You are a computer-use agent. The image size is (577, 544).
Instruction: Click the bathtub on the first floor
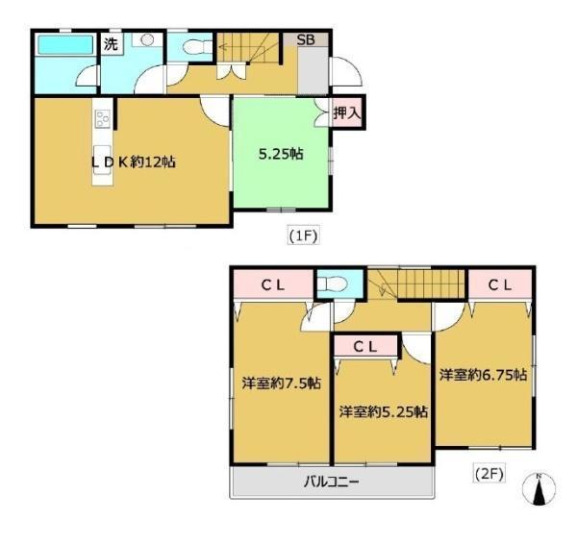point(65,45)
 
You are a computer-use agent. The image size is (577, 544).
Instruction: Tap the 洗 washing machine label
point(111,44)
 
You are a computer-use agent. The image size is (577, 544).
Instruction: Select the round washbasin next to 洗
point(147,39)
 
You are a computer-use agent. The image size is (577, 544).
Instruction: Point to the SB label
point(306,39)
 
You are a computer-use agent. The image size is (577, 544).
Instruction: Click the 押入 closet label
point(346,112)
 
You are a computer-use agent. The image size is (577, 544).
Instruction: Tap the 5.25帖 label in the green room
point(281,154)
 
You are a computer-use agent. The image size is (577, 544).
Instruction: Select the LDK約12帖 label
point(134,162)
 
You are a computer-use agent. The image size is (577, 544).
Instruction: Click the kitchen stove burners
point(103,118)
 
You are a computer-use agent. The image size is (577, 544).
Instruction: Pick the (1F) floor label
point(303,236)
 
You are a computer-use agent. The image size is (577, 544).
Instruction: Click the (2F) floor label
point(488,474)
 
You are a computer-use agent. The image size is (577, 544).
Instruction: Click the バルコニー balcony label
point(331,482)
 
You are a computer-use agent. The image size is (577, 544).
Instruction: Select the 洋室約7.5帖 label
point(282,383)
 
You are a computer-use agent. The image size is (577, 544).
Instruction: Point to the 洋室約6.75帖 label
point(483,375)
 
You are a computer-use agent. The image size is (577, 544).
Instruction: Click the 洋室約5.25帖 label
point(384,411)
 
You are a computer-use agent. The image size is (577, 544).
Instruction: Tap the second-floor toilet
point(333,284)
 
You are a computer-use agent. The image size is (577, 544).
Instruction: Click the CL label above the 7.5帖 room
point(273,285)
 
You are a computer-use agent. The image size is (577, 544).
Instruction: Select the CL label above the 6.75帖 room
point(500,285)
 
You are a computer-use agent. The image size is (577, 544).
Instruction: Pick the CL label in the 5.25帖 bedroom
point(365,346)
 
